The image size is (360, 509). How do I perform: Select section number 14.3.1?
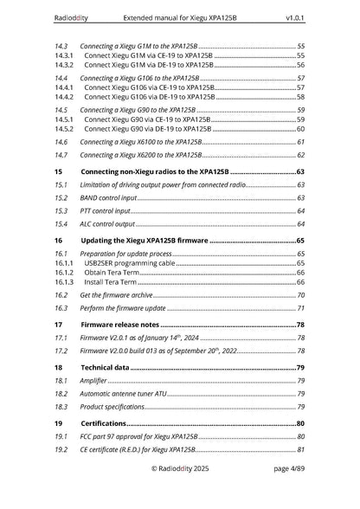[62, 55]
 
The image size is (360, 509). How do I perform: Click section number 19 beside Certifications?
[57, 423]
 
